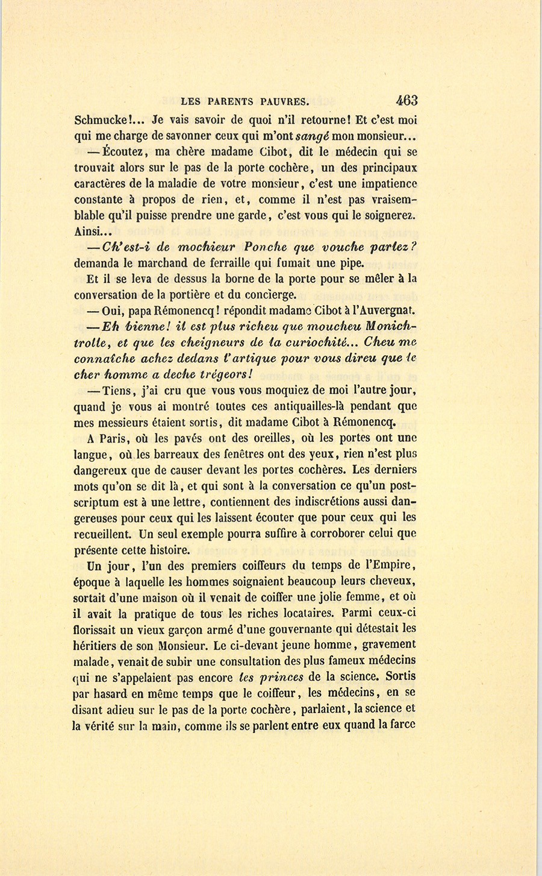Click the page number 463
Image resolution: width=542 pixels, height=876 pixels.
pos(406,100)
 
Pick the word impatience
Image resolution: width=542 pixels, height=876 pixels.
pos(387,183)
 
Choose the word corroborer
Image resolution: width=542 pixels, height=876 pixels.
pos(328,534)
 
